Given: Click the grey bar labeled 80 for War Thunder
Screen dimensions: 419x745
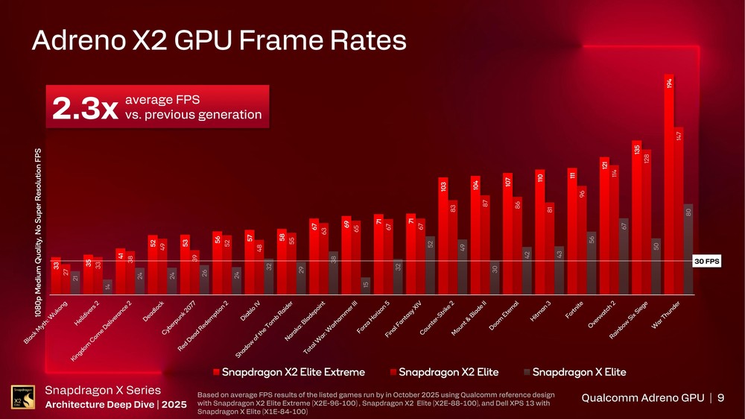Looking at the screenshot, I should point(688,249).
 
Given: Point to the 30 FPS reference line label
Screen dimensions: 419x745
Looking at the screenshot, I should point(706,262).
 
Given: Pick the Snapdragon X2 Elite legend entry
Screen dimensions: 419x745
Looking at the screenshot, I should point(444,371).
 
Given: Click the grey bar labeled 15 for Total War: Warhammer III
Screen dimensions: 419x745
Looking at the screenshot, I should point(365,286).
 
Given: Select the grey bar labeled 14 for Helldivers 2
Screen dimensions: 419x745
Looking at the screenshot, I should point(107,287).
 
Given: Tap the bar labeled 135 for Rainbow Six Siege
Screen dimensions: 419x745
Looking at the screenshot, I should point(636,217).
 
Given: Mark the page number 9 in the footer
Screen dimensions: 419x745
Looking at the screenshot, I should point(720,397).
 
